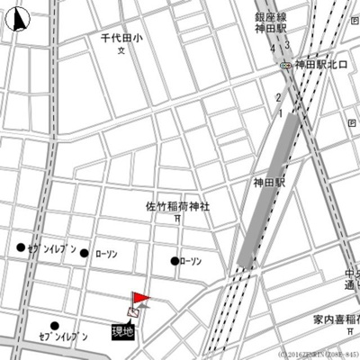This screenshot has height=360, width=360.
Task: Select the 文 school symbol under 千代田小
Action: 121,51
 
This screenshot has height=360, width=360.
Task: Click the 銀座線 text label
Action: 270,16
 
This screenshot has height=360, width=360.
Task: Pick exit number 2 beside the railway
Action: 280,96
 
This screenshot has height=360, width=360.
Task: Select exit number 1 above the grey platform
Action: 281,114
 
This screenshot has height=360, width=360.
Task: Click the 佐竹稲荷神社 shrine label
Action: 177,206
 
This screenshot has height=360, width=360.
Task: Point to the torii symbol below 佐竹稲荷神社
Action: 177,219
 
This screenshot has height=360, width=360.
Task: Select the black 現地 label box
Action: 122,331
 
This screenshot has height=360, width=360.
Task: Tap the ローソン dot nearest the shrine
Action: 175,261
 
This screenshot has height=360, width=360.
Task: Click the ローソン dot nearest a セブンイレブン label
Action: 85,254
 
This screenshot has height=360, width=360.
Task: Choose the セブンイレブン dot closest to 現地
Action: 55,326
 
